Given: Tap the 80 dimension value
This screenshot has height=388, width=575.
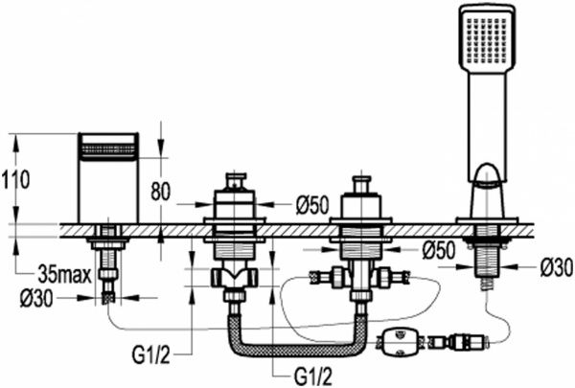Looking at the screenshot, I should click(x=160, y=193).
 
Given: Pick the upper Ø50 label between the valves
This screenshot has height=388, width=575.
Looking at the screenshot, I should click(x=312, y=204).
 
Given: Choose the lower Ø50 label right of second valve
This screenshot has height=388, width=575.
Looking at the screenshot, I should click(x=439, y=250).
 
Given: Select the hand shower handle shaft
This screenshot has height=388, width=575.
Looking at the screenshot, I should click(x=484, y=120).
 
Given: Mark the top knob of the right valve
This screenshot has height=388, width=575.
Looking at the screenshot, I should click(x=360, y=181).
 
